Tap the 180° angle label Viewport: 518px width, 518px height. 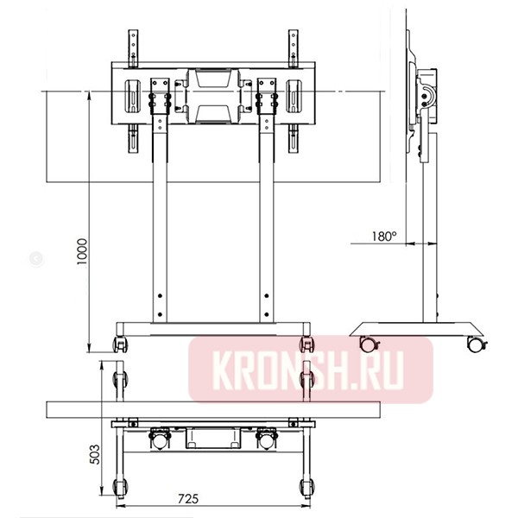[x=382, y=235]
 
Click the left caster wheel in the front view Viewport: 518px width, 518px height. [x=121, y=343]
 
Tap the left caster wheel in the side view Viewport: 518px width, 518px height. [x=370, y=343]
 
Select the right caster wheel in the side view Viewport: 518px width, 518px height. [x=474, y=343]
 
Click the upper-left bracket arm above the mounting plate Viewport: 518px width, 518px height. [x=134, y=47]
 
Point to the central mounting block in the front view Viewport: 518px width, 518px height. [x=212, y=95]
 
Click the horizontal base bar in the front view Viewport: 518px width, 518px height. [x=212, y=326]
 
